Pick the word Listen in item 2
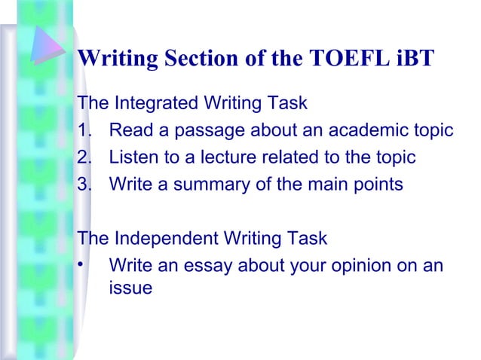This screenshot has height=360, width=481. click(x=133, y=157)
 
